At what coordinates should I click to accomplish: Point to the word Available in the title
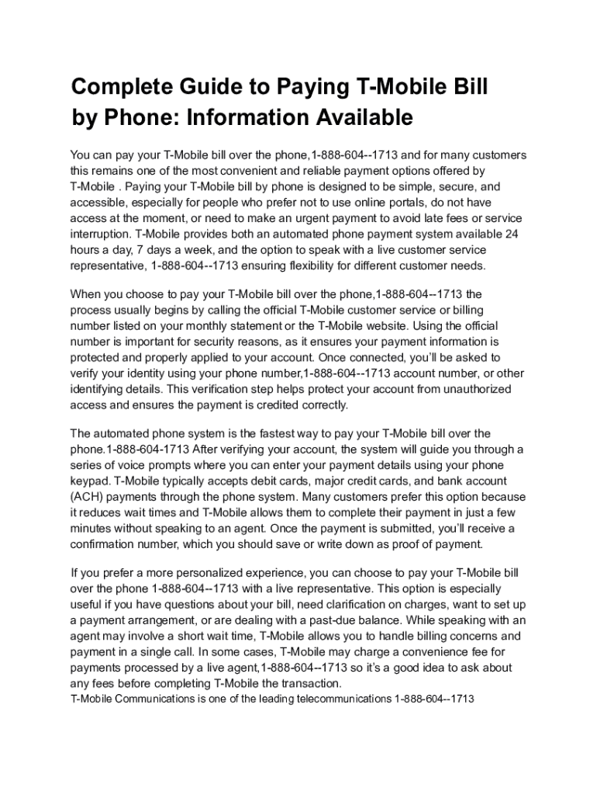[x=363, y=118]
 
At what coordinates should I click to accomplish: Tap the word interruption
[x=100, y=234]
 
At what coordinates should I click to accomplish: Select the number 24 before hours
[x=512, y=234]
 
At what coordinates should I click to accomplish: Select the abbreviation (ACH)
[x=89, y=497]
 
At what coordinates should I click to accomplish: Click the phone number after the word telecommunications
[x=434, y=699]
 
